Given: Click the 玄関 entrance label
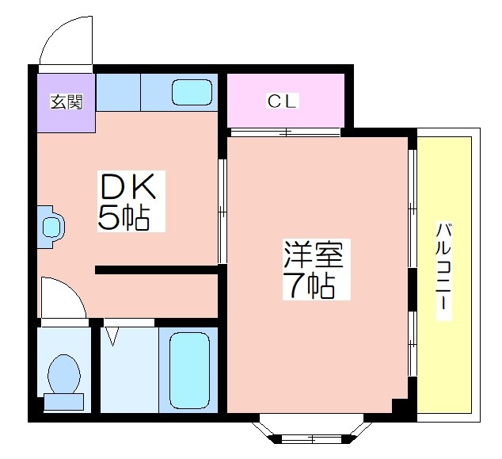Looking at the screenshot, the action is click(67, 101).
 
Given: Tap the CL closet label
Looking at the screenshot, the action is click(282, 101).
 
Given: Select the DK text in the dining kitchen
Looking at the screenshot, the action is click(128, 186).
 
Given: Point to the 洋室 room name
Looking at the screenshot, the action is click(314, 254).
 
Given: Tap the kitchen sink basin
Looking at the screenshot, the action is click(192, 92).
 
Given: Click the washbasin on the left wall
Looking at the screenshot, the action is click(51, 227).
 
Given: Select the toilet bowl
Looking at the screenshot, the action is click(64, 374).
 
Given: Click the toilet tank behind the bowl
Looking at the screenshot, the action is click(63, 402).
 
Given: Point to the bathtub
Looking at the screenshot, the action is click(189, 370).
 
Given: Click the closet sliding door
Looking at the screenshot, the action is click(285, 132).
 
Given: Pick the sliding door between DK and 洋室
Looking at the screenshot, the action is click(222, 211).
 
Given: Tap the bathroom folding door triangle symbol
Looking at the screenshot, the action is click(112, 336).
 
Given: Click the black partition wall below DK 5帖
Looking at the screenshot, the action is click(157, 270).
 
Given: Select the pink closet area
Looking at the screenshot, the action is click(286, 101).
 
